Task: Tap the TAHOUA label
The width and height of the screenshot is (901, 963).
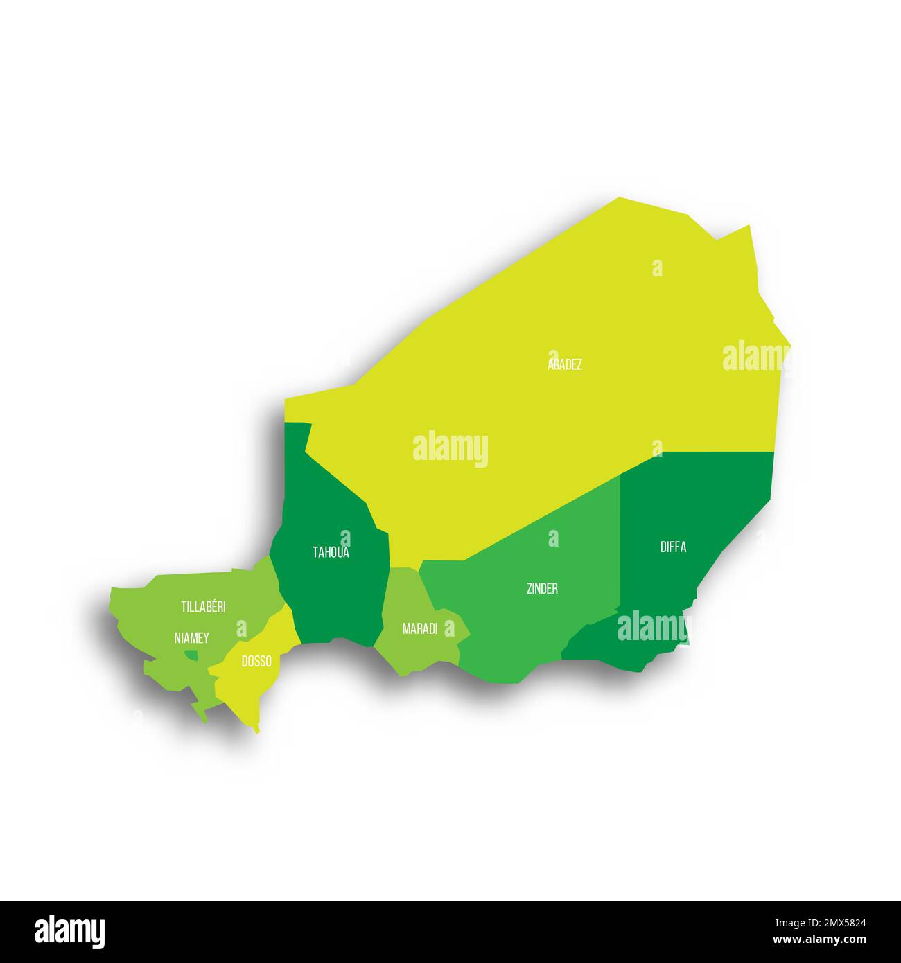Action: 331,553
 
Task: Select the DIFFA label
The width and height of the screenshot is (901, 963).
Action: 673,547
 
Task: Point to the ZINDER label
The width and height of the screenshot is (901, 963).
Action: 542,589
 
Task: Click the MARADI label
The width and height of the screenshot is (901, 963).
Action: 420,629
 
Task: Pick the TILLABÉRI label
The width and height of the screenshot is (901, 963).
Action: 203,607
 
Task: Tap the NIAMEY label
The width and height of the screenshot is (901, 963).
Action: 192,638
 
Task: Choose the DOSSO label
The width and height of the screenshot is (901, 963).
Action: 256,662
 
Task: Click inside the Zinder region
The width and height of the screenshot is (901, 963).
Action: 527,624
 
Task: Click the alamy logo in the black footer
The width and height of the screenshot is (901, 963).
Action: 69,931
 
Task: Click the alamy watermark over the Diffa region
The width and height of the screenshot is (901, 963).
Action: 652,628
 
